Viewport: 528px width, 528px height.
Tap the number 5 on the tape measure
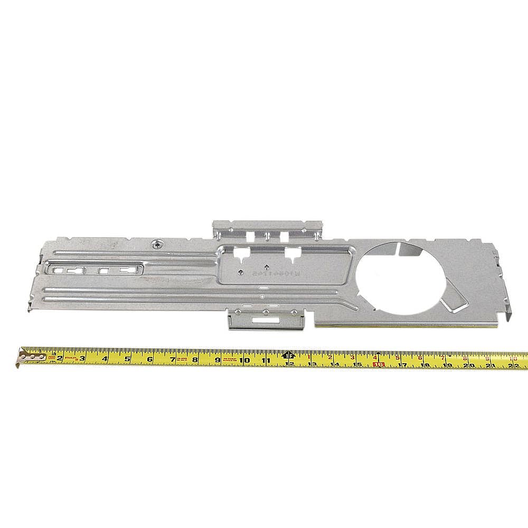(128, 360)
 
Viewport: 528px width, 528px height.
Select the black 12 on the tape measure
(289, 363)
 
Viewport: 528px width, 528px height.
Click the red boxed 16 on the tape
(378, 364)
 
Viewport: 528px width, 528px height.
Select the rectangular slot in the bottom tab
(264, 319)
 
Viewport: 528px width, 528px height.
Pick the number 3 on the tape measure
(82, 359)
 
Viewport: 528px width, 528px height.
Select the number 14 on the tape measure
(334, 364)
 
